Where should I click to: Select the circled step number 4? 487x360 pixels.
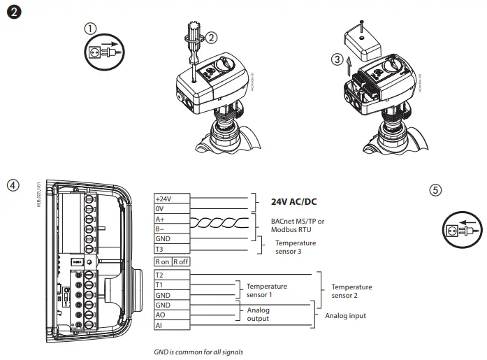[12, 186]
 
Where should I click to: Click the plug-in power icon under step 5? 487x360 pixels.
[461, 228]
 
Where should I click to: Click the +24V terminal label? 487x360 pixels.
[163, 198]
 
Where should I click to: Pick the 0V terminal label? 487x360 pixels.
[160, 208]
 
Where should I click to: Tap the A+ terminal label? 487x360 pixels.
[160, 218]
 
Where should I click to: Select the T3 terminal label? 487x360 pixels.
[159, 248]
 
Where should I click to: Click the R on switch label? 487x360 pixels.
[163, 261]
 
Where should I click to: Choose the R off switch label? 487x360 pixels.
[180, 261]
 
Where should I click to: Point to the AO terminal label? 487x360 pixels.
[160, 315]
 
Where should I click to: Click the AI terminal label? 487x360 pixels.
[159, 325]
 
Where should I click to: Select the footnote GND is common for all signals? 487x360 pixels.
[198, 352]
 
